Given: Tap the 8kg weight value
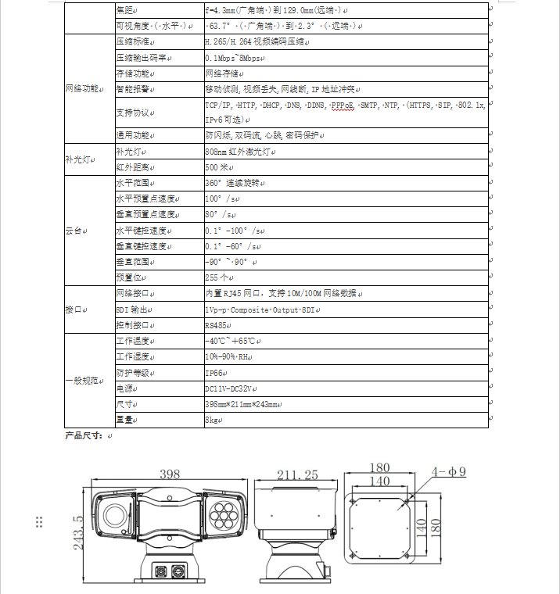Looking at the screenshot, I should (212, 420).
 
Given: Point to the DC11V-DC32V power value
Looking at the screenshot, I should (231, 388).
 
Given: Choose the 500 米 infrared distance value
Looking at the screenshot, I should (217, 167).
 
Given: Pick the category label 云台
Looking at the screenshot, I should (77, 231).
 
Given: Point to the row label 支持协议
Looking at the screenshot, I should (135, 113).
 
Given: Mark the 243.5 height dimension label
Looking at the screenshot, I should (78, 531).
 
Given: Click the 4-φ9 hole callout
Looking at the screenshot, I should (451, 471).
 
